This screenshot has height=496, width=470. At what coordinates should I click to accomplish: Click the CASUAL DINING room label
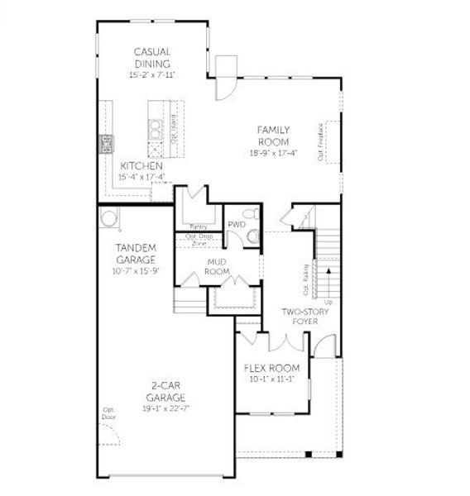(x=152, y=58)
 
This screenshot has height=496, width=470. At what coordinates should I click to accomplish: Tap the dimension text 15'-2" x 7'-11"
(x=152, y=75)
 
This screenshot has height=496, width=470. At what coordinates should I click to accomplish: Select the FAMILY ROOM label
(x=273, y=136)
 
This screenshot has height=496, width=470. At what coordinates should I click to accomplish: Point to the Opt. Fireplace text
(x=320, y=142)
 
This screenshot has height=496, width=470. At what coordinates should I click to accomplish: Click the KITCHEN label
(x=141, y=166)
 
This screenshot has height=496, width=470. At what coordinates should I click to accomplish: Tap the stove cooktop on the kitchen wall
(x=106, y=144)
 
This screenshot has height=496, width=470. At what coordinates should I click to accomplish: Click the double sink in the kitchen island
(x=154, y=128)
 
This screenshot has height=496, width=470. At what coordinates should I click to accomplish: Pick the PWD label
(x=236, y=223)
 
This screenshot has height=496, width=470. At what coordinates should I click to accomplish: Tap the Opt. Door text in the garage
(x=108, y=413)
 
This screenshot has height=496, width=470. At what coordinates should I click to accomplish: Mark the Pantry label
(x=199, y=226)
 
